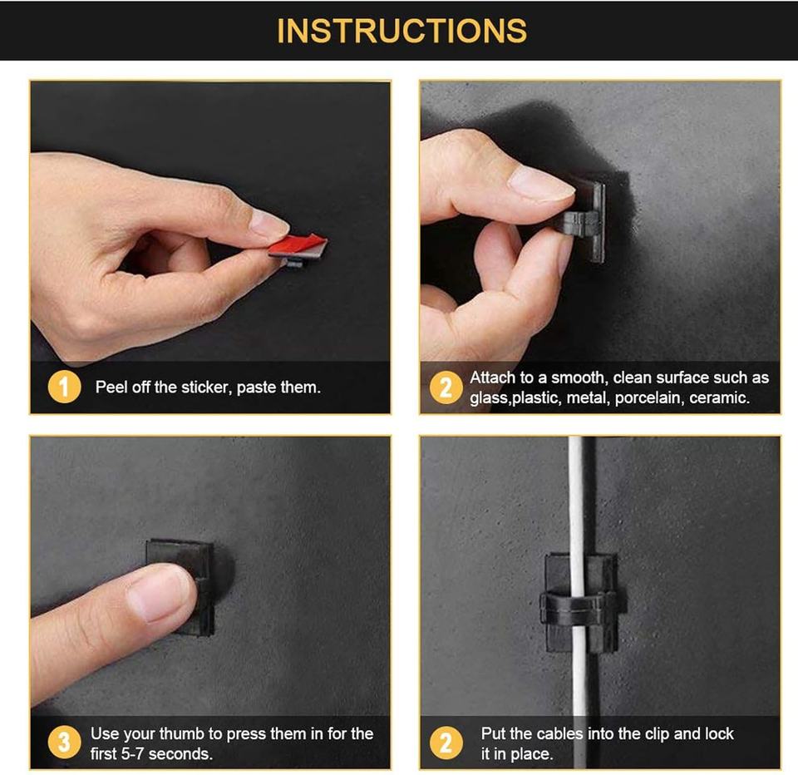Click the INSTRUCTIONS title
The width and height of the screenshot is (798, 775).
click(401, 31)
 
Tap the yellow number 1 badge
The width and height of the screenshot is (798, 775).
click(64, 387)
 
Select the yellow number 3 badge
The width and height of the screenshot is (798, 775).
click(64, 743)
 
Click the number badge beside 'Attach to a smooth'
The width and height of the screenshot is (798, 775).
click(446, 387)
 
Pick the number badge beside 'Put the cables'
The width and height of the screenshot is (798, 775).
click(446, 743)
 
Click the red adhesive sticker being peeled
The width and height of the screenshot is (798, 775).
click(298, 245)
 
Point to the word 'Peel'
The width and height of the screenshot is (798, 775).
click(111, 387)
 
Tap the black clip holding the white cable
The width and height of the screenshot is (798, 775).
click(581, 604)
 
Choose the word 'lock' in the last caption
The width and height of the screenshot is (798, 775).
click(719, 733)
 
